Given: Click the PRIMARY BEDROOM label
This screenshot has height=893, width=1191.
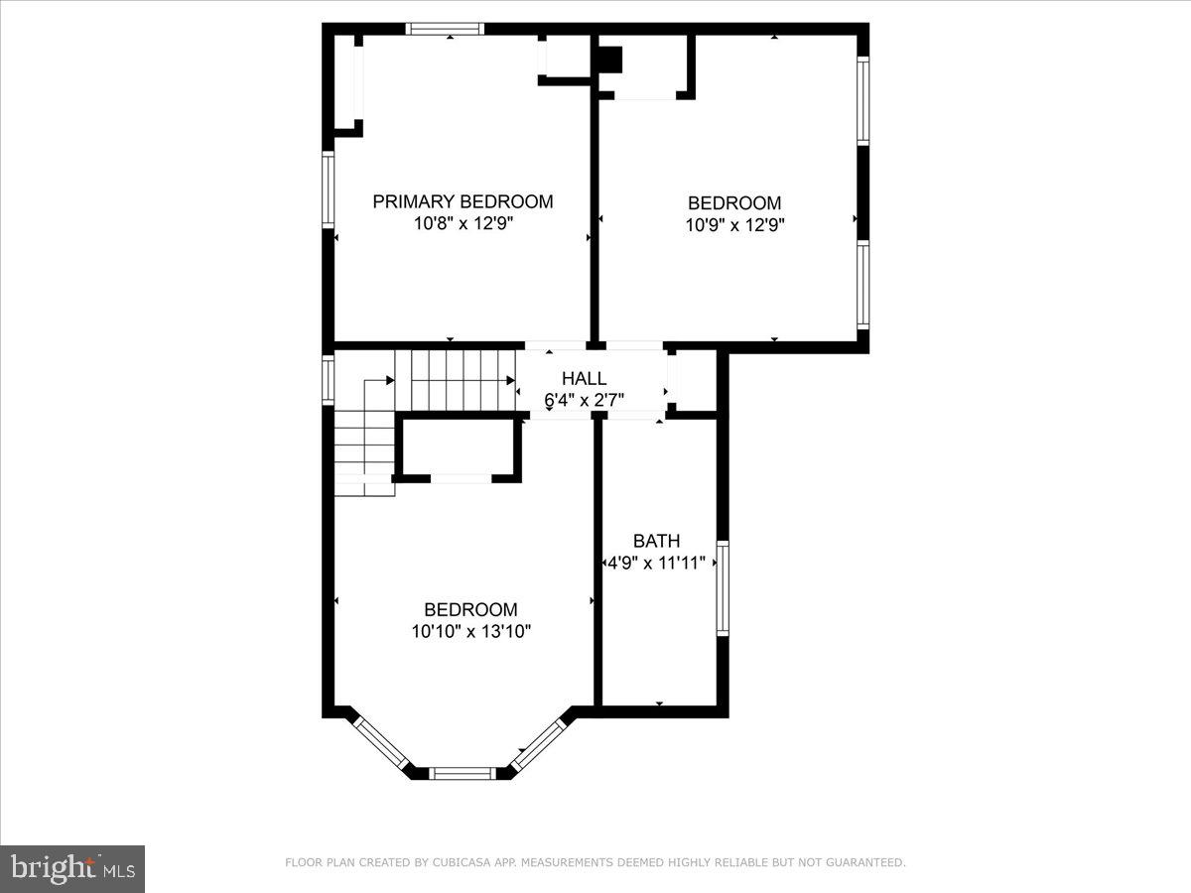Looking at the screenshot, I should [x=463, y=201].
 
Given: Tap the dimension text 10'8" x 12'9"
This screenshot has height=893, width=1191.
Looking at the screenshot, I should [x=463, y=224].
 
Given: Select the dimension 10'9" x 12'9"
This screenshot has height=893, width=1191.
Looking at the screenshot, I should [x=734, y=225].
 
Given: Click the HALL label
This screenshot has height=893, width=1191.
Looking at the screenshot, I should [x=584, y=378].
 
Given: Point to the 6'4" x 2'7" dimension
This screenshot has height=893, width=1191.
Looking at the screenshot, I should [x=584, y=400].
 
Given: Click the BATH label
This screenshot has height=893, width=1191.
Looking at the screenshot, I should [x=657, y=541].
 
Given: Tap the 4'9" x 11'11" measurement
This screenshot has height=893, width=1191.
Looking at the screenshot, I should [x=657, y=563].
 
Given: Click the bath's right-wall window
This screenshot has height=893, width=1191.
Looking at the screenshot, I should [x=723, y=587].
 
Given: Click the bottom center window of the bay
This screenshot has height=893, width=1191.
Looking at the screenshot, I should [x=462, y=772].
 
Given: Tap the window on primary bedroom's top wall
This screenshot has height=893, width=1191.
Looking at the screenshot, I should [x=446, y=29].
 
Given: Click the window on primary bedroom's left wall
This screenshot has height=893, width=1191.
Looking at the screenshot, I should [x=329, y=190].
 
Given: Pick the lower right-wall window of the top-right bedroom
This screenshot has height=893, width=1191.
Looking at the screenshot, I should [x=862, y=285].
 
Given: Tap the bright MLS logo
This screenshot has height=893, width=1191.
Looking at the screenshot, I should [x=72, y=868].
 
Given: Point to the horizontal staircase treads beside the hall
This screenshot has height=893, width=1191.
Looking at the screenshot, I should [x=454, y=380].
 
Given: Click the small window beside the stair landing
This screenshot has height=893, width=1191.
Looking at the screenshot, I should [x=329, y=379].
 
